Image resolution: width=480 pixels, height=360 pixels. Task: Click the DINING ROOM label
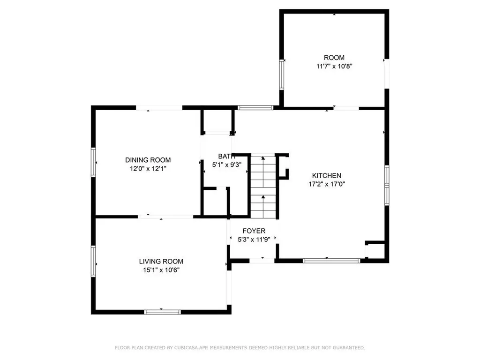pyautogui.click(x=148, y=160)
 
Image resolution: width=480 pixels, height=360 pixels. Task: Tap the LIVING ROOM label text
pyautogui.click(x=161, y=261)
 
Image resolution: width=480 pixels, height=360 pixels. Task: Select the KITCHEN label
pyautogui.click(x=324, y=176)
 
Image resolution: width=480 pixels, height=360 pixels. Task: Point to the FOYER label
pyautogui.click(x=254, y=231)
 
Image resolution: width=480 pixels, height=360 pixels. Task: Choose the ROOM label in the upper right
pyautogui.click(x=334, y=58)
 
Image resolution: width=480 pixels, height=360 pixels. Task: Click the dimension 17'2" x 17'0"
pyautogui.click(x=324, y=184)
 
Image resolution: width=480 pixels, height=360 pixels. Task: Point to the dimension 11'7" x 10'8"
pyautogui.click(x=334, y=66)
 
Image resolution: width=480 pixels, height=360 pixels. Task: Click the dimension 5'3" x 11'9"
pyautogui.click(x=254, y=240)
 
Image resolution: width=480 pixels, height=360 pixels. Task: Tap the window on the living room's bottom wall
pyautogui.click(x=162, y=312)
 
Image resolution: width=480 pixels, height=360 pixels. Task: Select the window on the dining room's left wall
pyautogui.click(x=94, y=162)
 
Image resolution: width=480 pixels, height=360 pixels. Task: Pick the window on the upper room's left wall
pyautogui.click(x=282, y=74)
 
